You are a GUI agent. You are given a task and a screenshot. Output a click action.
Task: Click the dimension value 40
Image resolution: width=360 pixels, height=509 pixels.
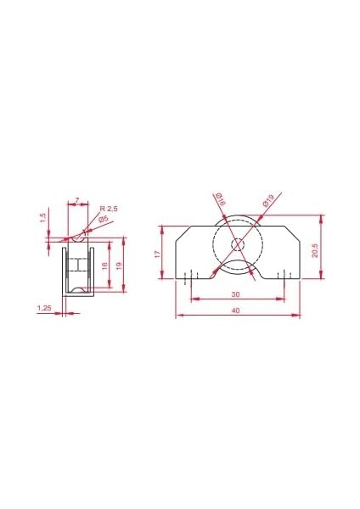[235, 311]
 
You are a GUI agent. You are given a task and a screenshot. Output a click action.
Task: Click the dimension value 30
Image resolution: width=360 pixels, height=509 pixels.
[235, 294]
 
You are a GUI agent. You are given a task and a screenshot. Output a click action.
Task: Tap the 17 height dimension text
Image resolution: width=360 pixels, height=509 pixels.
[158, 254]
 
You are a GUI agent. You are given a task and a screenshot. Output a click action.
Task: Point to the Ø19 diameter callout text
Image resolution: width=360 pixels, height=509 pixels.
[268, 201]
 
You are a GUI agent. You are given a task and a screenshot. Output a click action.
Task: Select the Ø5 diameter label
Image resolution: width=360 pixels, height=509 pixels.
[103, 220]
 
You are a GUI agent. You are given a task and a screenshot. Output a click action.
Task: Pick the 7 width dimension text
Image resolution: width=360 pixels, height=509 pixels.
[77, 200]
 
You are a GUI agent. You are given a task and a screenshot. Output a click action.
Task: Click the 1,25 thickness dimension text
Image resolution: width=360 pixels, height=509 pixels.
[45, 309]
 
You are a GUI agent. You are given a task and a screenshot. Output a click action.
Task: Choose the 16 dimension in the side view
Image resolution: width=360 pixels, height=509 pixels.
[104, 266]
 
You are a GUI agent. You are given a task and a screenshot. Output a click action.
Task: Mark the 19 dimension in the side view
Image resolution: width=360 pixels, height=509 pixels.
[121, 266]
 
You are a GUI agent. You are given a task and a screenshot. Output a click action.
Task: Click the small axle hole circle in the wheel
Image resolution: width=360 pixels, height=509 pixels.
[237, 245]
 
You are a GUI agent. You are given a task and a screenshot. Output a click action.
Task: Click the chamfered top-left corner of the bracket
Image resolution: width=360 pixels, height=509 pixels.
[181, 232]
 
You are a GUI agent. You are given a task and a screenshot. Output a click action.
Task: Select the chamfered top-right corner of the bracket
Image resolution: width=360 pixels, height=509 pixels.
[293, 232]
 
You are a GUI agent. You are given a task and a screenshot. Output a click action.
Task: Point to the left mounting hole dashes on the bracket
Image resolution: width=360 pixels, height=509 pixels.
[190, 274]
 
